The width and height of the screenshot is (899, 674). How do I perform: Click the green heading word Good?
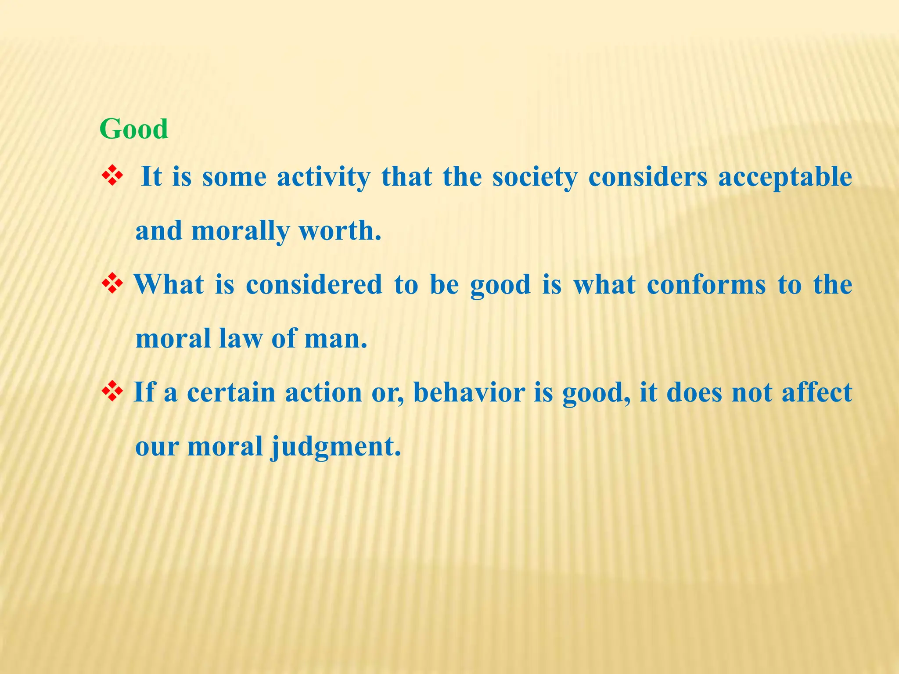pyautogui.click(x=134, y=129)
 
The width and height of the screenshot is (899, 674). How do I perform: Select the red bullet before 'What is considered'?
pyautogui.click(x=112, y=284)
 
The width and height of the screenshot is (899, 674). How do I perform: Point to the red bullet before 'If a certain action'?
pyautogui.click(x=112, y=391)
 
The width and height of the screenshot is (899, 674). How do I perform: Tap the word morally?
pyautogui.click(x=241, y=231)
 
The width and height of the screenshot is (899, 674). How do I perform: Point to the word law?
pyautogui.click(x=240, y=338)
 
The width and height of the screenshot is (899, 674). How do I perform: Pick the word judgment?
pyautogui.click(x=335, y=447)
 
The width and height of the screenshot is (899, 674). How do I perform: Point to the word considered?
pyautogui.click(x=314, y=284)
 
